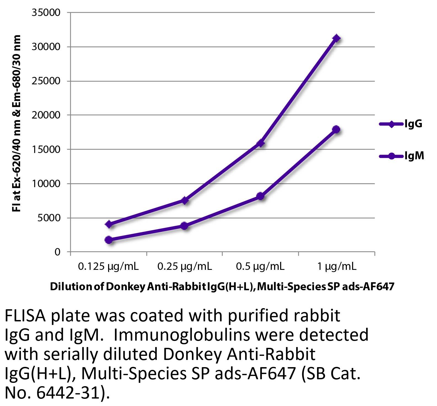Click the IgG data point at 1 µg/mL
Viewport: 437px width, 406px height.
[336, 38]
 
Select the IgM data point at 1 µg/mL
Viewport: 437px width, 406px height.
[336, 129]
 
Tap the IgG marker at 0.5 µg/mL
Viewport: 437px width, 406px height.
[261, 143]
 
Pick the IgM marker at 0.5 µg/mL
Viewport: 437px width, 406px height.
[261, 196]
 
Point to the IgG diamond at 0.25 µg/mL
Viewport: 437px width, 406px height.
[185, 200]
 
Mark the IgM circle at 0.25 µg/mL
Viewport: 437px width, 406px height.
[185, 226]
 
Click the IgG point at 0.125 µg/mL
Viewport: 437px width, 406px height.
[109, 224]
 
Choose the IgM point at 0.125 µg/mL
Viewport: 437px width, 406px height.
[109, 240]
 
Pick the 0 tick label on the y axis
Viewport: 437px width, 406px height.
[57, 252]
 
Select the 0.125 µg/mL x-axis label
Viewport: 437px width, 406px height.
[108, 267]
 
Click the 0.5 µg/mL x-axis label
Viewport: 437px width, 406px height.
[260, 267]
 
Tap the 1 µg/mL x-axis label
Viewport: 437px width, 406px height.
[336, 267]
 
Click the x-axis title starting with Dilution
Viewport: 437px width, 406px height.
[222, 287]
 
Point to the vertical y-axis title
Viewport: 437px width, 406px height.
[17, 123]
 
